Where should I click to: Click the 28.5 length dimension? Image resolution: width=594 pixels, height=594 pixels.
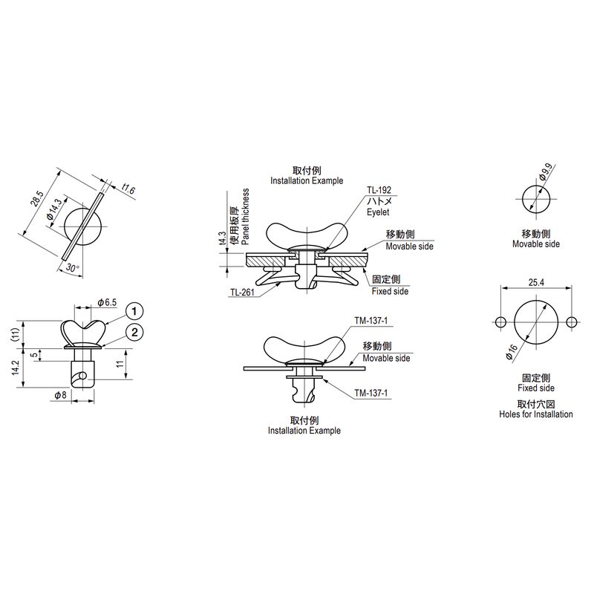click(x=38, y=198)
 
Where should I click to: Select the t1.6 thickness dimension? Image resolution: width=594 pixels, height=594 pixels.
click(x=128, y=189)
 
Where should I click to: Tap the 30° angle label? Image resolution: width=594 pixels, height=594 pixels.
click(x=72, y=267)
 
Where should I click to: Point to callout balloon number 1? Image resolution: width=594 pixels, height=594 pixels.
click(x=134, y=312)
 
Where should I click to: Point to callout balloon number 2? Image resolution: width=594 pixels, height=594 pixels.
click(x=134, y=333)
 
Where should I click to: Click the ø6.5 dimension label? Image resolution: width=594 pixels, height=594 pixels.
click(x=107, y=302)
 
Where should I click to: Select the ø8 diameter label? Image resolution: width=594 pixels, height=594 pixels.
click(x=60, y=395)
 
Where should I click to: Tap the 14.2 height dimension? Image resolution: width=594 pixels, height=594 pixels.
click(x=15, y=368)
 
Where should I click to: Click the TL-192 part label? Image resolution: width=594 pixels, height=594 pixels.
click(x=379, y=190)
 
